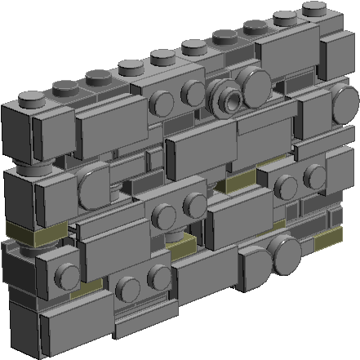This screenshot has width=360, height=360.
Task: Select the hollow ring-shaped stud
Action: pyautogui.click(x=227, y=97)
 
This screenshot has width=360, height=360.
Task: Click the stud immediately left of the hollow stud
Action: pyautogui.click(x=193, y=91)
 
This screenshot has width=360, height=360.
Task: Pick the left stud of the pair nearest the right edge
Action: pyautogui.click(x=285, y=184)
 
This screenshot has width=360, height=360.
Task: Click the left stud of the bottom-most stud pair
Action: pyautogui.click(x=127, y=287)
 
